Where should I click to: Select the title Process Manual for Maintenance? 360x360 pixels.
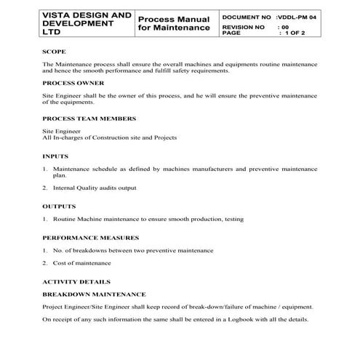coord(173,23)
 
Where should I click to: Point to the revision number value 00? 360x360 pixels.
coord(284,26)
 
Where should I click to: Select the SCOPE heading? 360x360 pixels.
coord(55,52)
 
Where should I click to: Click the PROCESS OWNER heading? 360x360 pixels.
coord(74,83)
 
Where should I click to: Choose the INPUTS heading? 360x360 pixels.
coord(55,156)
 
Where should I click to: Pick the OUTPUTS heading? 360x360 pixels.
coord(60,207)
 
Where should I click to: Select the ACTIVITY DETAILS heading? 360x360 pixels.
coord(76,281)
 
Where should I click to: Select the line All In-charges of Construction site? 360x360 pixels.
coord(109,137)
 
